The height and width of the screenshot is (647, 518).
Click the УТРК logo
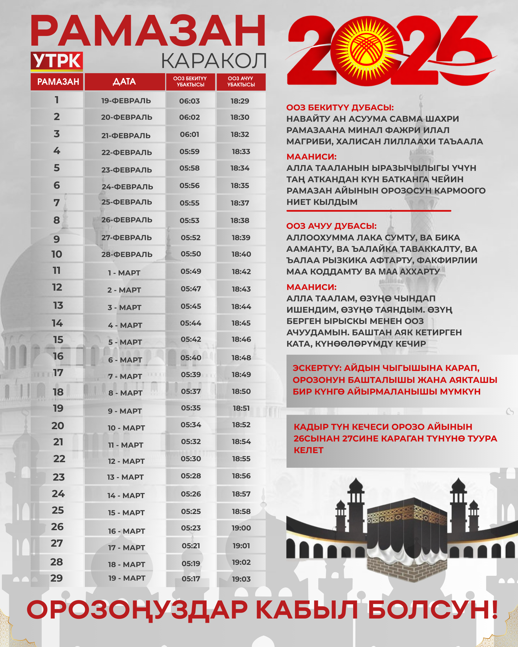(x=57, y=61)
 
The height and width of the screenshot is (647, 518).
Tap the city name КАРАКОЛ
(x=214, y=61)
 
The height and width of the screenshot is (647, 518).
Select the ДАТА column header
(x=125, y=82)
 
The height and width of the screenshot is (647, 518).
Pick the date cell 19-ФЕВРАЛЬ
(x=126, y=101)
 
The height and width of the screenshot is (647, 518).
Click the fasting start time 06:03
(x=189, y=101)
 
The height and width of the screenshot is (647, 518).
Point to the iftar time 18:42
(x=241, y=272)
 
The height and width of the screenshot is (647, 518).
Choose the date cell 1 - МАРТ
(x=124, y=273)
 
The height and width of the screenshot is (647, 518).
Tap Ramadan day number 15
(x=58, y=340)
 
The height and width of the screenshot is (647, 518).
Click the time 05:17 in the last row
(x=191, y=579)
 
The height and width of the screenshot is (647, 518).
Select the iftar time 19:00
(x=241, y=528)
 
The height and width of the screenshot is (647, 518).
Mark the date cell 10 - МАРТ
(x=126, y=428)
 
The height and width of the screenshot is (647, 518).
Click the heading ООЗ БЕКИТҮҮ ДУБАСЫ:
(x=340, y=107)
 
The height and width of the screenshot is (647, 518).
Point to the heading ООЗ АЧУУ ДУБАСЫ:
(x=332, y=226)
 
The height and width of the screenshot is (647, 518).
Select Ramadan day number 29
(x=56, y=578)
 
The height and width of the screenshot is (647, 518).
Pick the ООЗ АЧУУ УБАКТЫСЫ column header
(x=241, y=82)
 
